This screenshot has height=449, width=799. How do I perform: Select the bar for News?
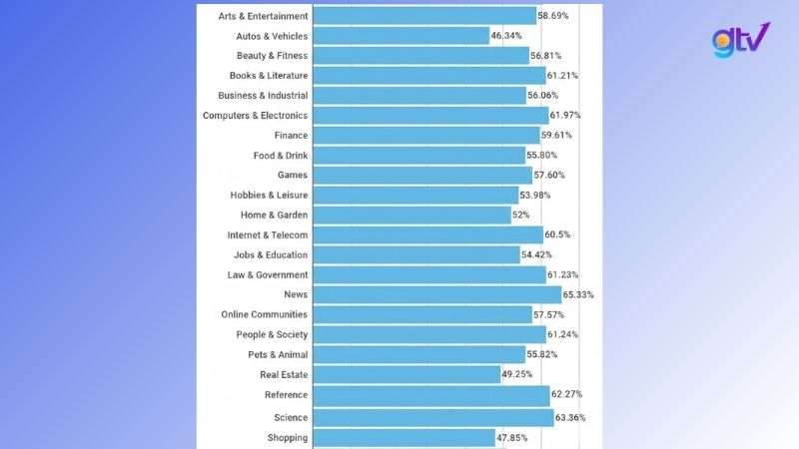click(x=436, y=294)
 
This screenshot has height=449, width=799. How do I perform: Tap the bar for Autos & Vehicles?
click(x=399, y=36)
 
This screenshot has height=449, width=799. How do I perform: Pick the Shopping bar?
click(x=403, y=437)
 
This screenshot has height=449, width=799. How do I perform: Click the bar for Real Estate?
click(x=405, y=374)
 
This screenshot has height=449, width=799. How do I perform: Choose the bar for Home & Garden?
click(x=411, y=215)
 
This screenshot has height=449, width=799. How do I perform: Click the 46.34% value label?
click(x=506, y=36)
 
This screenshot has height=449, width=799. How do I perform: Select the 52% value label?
click(x=521, y=215)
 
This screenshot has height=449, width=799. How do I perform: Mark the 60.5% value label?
click(x=561, y=234)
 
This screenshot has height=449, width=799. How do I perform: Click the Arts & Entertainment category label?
click(x=263, y=16)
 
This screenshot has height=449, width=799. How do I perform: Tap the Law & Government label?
click(x=267, y=274)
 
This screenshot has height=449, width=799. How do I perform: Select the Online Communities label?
click(x=264, y=314)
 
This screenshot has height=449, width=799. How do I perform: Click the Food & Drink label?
click(x=280, y=156)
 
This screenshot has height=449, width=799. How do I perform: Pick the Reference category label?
click(x=286, y=395)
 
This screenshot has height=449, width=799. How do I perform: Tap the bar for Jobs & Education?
click(x=415, y=254)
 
